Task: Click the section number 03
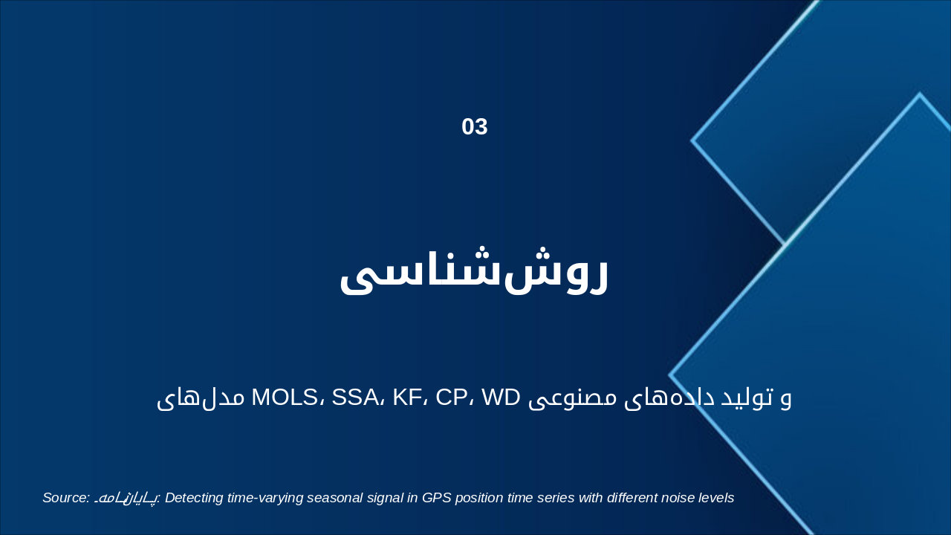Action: pos(475,127)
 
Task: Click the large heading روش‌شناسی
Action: pos(474,273)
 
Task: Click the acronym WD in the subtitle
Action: pos(500,398)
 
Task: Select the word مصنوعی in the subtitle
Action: pos(571,398)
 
